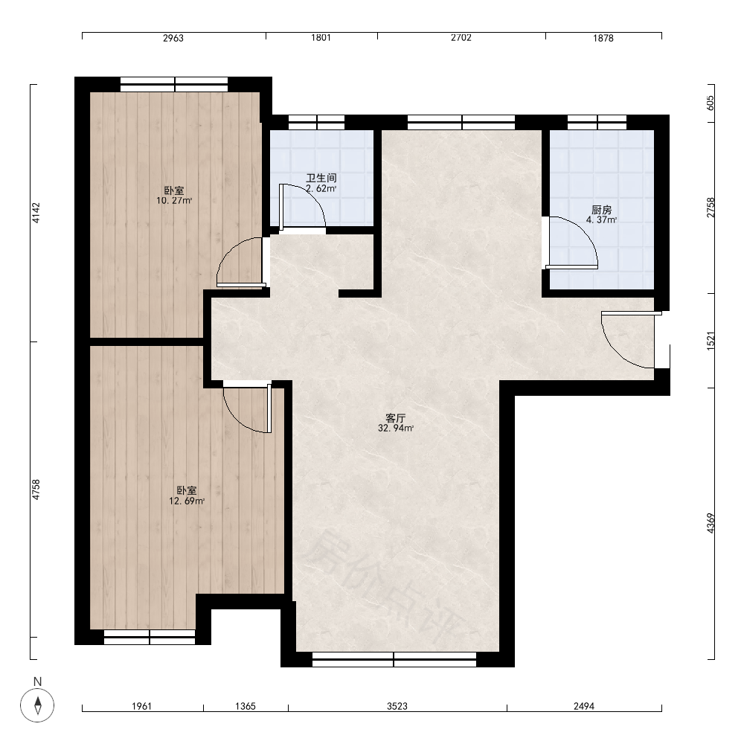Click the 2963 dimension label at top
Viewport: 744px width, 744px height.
173,38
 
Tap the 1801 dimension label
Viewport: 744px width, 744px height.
321,37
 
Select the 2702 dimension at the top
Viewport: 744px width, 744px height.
461,37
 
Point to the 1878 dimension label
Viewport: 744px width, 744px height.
603,38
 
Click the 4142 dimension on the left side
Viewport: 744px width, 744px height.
36,213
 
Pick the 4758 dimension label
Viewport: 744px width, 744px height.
36,490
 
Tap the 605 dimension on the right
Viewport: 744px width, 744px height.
711,103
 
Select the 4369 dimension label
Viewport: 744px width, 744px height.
711,523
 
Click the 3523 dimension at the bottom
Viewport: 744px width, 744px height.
397,706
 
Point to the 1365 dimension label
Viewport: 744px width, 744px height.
246,706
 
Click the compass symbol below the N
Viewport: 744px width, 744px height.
37,705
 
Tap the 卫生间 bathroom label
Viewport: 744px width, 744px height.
321,178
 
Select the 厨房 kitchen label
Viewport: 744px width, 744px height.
602,209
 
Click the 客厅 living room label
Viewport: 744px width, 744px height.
395,418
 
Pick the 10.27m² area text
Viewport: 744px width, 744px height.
174,201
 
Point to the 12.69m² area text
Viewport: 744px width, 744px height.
187,501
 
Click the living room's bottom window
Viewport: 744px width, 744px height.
394,659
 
